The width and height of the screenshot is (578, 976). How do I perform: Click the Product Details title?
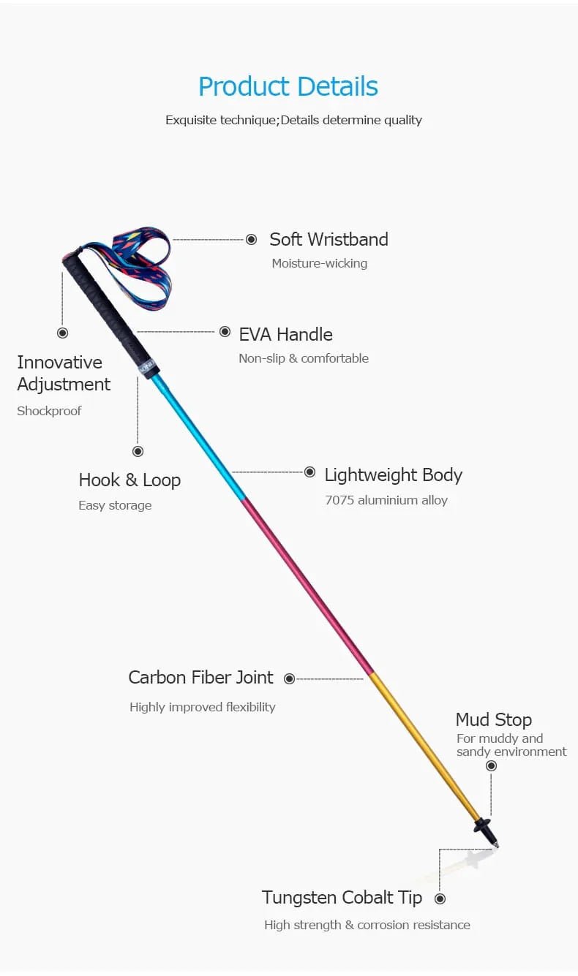288,87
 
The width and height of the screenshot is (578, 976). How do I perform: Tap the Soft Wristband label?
329,239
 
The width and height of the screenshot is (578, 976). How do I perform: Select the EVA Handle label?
285,334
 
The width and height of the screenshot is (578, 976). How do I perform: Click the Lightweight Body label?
393,474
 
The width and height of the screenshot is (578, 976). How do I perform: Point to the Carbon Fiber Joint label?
200,677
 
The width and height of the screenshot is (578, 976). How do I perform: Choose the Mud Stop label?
493,719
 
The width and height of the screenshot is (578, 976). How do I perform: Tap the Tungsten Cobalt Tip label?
342,897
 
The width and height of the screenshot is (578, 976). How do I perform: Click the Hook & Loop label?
130,480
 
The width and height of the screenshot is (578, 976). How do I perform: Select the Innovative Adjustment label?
64,373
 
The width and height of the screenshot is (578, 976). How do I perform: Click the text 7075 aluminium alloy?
386,501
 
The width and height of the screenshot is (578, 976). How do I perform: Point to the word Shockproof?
49,411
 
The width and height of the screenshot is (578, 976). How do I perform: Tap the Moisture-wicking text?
319,263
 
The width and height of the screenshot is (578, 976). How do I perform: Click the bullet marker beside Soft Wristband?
251,239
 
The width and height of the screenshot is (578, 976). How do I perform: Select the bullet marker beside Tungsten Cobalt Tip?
440,899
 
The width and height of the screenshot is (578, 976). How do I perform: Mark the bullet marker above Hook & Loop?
138,451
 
